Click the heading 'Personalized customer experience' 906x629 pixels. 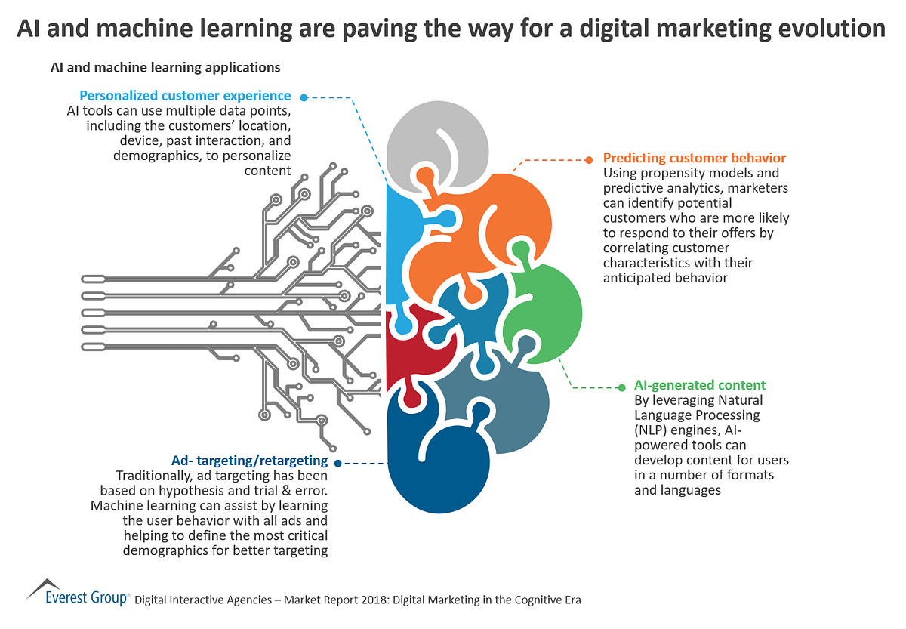tap(185, 96)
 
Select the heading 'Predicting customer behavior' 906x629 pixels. tap(694, 158)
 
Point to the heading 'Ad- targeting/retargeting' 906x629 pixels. tap(249, 461)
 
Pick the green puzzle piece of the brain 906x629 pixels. tap(547, 302)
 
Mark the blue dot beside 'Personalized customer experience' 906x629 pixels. tap(304, 97)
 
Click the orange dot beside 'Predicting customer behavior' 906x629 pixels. tap(590, 159)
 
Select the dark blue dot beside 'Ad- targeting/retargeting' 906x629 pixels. tap(337, 463)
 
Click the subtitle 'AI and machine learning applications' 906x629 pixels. tap(165, 68)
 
